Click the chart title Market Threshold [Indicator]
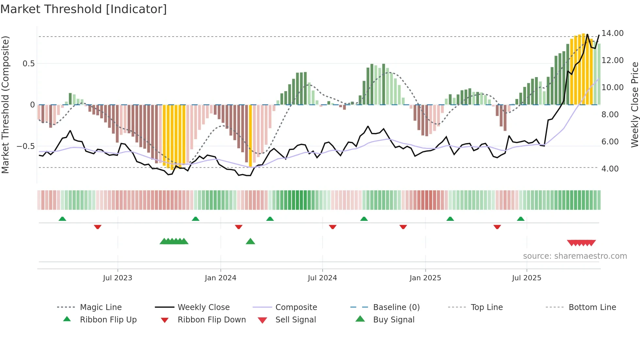[84, 9]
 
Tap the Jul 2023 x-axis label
[118, 278]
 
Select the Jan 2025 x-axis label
[425, 278]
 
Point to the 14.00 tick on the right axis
[612, 33]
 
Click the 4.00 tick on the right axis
[610, 169]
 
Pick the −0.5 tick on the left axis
[25, 146]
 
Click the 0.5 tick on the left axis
[28, 64]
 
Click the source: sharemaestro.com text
[575, 256]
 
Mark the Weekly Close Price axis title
[634, 105]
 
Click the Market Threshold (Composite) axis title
[5, 105]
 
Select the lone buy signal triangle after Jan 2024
[250, 241]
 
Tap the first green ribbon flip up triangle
[62, 219]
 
